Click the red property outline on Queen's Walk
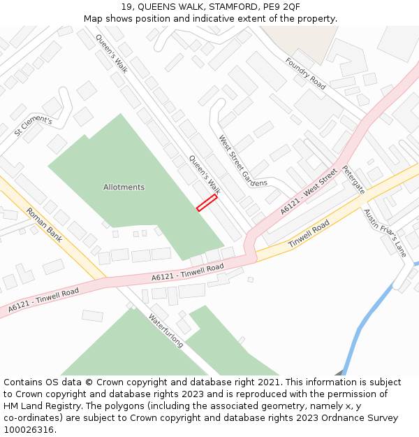tap(207, 203)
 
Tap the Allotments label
tap(124, 187)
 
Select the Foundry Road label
tap(305, 73)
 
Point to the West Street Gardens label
tap(243, 161)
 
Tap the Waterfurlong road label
tap(166, 330)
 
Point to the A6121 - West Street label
tap(309, 191)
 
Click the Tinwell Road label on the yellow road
tap(308, 235)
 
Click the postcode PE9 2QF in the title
tap(281, 7)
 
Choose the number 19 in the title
tap(126, 7)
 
